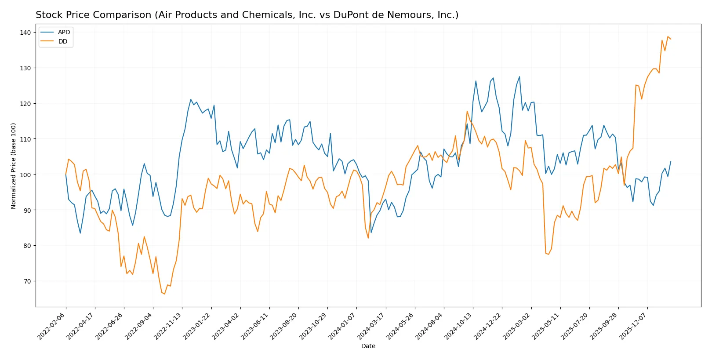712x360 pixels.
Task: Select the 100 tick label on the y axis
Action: click(x=25, y=175)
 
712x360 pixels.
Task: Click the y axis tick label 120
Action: click(x=25, y=104)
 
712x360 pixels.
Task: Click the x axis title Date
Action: click(x=368, y=346)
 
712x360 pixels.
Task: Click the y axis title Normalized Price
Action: click(x=13, y=166)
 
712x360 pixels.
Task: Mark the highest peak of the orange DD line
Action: click(x=668, y=36)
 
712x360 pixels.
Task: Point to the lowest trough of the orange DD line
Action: click(x=164, y=294)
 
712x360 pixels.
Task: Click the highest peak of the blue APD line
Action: click(x=519, y=77)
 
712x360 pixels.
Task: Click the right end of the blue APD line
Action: click(x=671, y=161)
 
